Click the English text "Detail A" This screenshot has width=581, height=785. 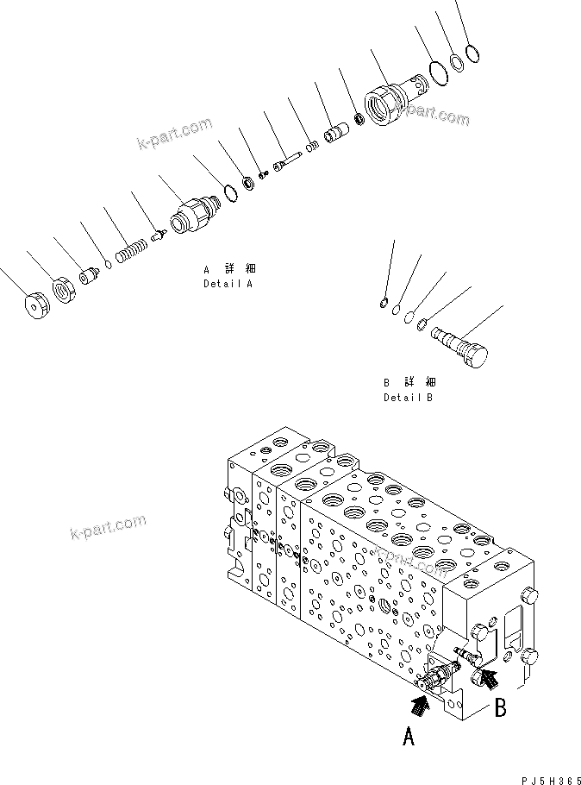click(x=228, y=283)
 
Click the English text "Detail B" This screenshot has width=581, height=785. click(x=409, y=398)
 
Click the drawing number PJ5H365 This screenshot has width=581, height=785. click(x=545, y=776)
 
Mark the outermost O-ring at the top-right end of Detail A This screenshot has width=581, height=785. click(x=472, y=54)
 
